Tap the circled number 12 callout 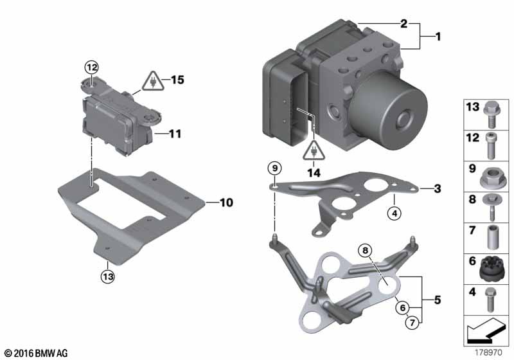(91, 67)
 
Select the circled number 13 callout (108, 276)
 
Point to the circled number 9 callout (275, 168)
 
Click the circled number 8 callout (365, 251)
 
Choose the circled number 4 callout (394, 213)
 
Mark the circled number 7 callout (412, 323)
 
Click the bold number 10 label (226, 203)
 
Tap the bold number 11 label (175, 134)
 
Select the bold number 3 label (438, 188)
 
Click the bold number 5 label (438, 300)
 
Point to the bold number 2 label (404, 24)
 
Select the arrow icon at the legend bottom (486, 330)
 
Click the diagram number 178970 (488, 353)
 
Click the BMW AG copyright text (36, 354)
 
